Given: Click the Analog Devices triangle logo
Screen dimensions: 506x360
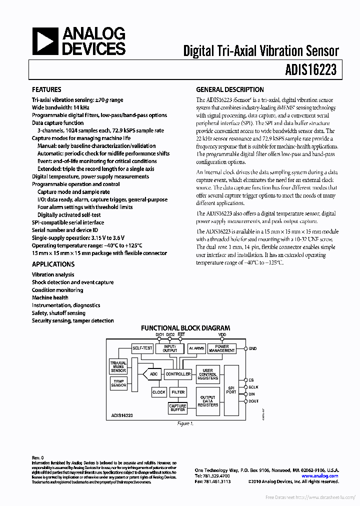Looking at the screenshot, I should (x=44, y=41).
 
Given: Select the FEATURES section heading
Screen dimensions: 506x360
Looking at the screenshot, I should (x=46, y=90).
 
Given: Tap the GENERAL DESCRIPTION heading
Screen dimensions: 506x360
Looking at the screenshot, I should (x=229, y=90).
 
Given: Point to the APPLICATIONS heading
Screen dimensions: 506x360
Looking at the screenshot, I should (x=53, y=264).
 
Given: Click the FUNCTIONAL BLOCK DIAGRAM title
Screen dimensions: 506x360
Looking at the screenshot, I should (x=185, y=328).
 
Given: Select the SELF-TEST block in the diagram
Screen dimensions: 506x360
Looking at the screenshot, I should (x=142, y=348).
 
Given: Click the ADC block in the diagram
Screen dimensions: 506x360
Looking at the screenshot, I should (x=153, y=373).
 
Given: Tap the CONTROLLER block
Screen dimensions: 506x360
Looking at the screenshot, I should (x=178, y=374).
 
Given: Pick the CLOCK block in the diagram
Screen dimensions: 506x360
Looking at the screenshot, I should (x=159, y=392).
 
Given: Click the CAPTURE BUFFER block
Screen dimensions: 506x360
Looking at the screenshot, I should (x=177, y=408).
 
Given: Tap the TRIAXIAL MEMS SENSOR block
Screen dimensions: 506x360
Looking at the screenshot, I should (x=118, y=366).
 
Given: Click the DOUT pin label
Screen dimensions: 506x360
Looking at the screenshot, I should (x=254, y=401).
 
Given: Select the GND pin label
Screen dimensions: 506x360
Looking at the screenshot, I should (x=252, y=348).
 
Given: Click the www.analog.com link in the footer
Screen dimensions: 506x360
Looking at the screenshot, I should (x=324, y=476).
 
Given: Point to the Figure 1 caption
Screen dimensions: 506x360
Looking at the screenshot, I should (x=185, y=423).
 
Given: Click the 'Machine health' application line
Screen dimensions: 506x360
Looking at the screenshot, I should (x=50, y=297).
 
